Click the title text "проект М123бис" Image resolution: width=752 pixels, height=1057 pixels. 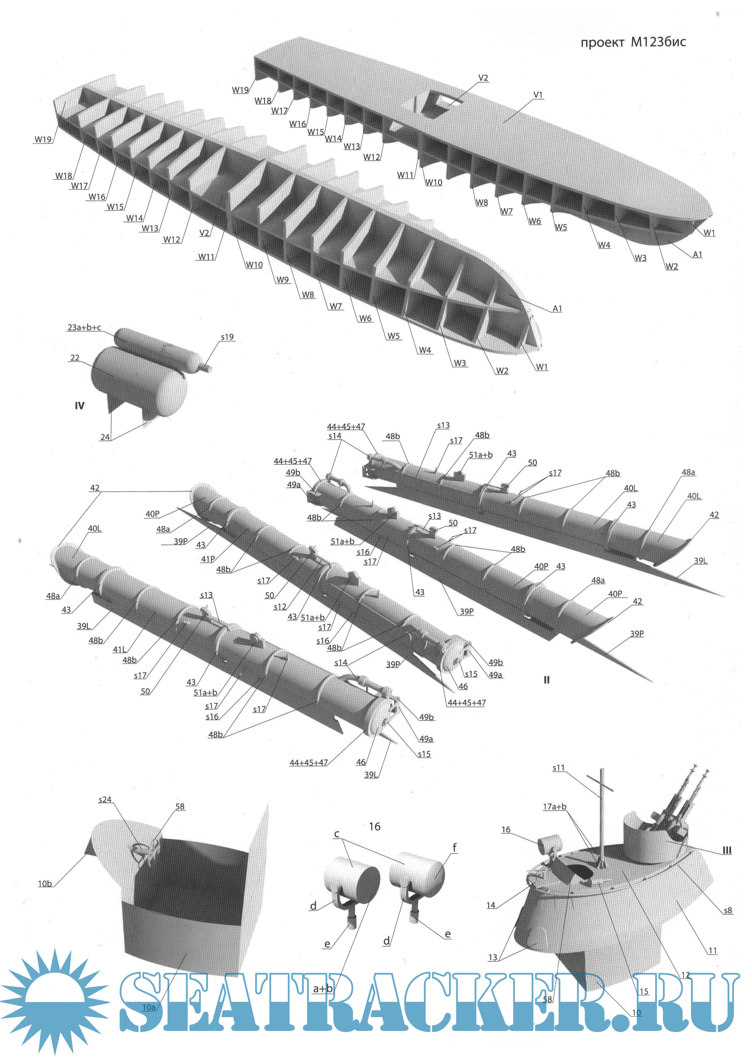pyautogui.click(x=633, y=43)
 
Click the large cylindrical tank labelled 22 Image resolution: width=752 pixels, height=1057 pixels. pyautogui.click(x=139, y=382)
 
